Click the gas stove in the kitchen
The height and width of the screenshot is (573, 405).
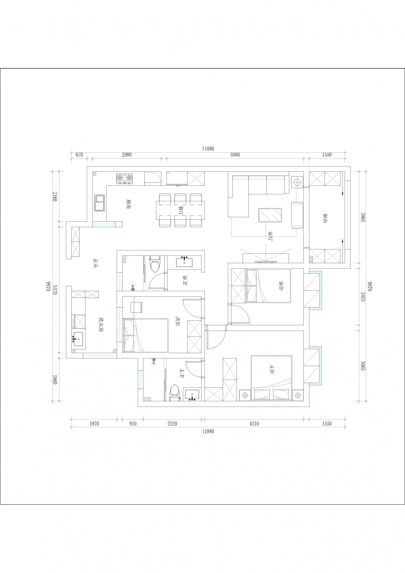tap(124, 179)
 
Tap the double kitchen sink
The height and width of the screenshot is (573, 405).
tap(99, 203)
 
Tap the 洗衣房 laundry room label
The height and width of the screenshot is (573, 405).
tap(101, 325)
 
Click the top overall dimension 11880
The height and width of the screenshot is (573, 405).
tap(208, 149)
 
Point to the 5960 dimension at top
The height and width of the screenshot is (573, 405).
tap(235, 155)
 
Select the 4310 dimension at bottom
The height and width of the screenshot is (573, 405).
tap(254, 424)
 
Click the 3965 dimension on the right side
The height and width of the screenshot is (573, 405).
tap(363, 219)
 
